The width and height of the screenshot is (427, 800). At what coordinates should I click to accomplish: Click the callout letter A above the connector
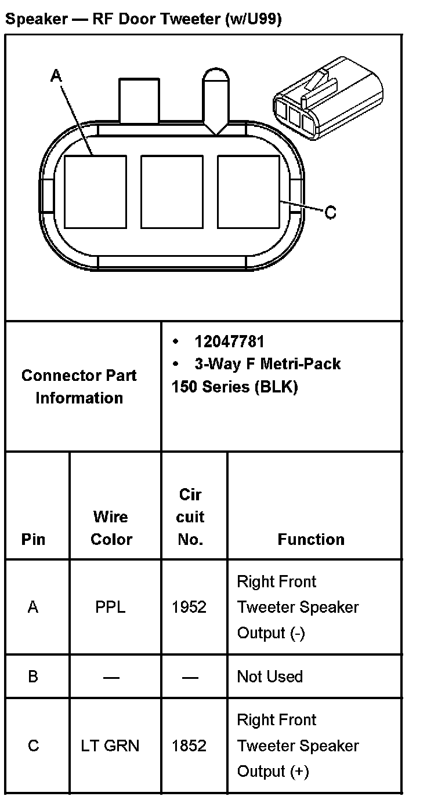56,75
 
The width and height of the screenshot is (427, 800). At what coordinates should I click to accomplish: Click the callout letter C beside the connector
330,213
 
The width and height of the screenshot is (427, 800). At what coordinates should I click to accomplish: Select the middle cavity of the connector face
172,191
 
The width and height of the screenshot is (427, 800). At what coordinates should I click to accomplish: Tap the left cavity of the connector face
95,191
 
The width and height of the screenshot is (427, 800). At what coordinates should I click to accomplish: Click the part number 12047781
229,341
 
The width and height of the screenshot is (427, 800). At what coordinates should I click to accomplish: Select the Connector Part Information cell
79,387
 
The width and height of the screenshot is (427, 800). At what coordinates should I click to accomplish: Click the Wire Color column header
111,528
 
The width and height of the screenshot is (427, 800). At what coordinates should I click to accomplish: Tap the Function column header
311,539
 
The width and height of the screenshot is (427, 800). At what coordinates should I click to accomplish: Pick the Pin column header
33,539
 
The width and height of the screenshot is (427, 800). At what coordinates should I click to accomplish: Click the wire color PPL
110,607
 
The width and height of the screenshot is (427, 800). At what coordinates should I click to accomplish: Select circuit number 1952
189,607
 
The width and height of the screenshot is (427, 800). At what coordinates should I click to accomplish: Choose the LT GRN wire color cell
110,746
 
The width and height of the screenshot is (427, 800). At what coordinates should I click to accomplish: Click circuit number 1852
189,746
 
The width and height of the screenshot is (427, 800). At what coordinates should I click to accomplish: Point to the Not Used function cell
270,677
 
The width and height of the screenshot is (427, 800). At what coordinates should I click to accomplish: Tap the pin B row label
33,677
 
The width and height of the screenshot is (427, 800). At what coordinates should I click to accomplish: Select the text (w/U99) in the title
252,19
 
